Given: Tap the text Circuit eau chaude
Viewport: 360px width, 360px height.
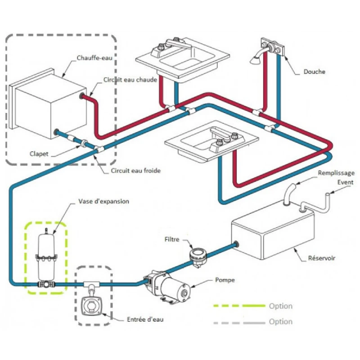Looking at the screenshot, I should pyautogui.click(x=130, y=80).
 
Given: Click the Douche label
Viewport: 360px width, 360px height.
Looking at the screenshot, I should pyautogui.click(x=314, y=72).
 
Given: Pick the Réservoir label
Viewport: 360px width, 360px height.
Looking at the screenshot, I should pyautogui.click(x=322, y=258).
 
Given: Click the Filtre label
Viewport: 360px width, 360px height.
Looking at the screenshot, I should pyautogui.click(x=172, y=240).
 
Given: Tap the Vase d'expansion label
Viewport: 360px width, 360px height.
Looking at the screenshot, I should pyautogui.click(x=103, y=201).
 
